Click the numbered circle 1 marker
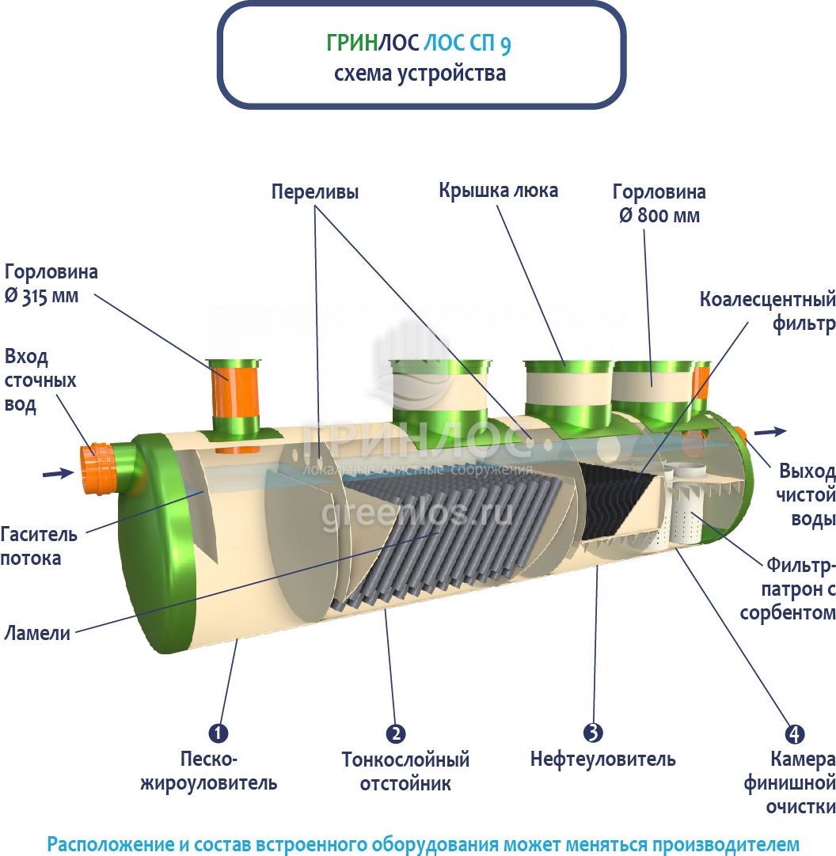point(218,733)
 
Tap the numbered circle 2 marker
point(396,733)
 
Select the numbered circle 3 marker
point(593,733)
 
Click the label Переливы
point(315,192)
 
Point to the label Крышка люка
point(499,191)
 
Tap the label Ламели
point(36,633)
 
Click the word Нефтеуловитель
point(602,760)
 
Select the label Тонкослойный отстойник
point(405,771)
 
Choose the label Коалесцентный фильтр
point(767,312)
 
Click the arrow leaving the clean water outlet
point(770,431)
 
